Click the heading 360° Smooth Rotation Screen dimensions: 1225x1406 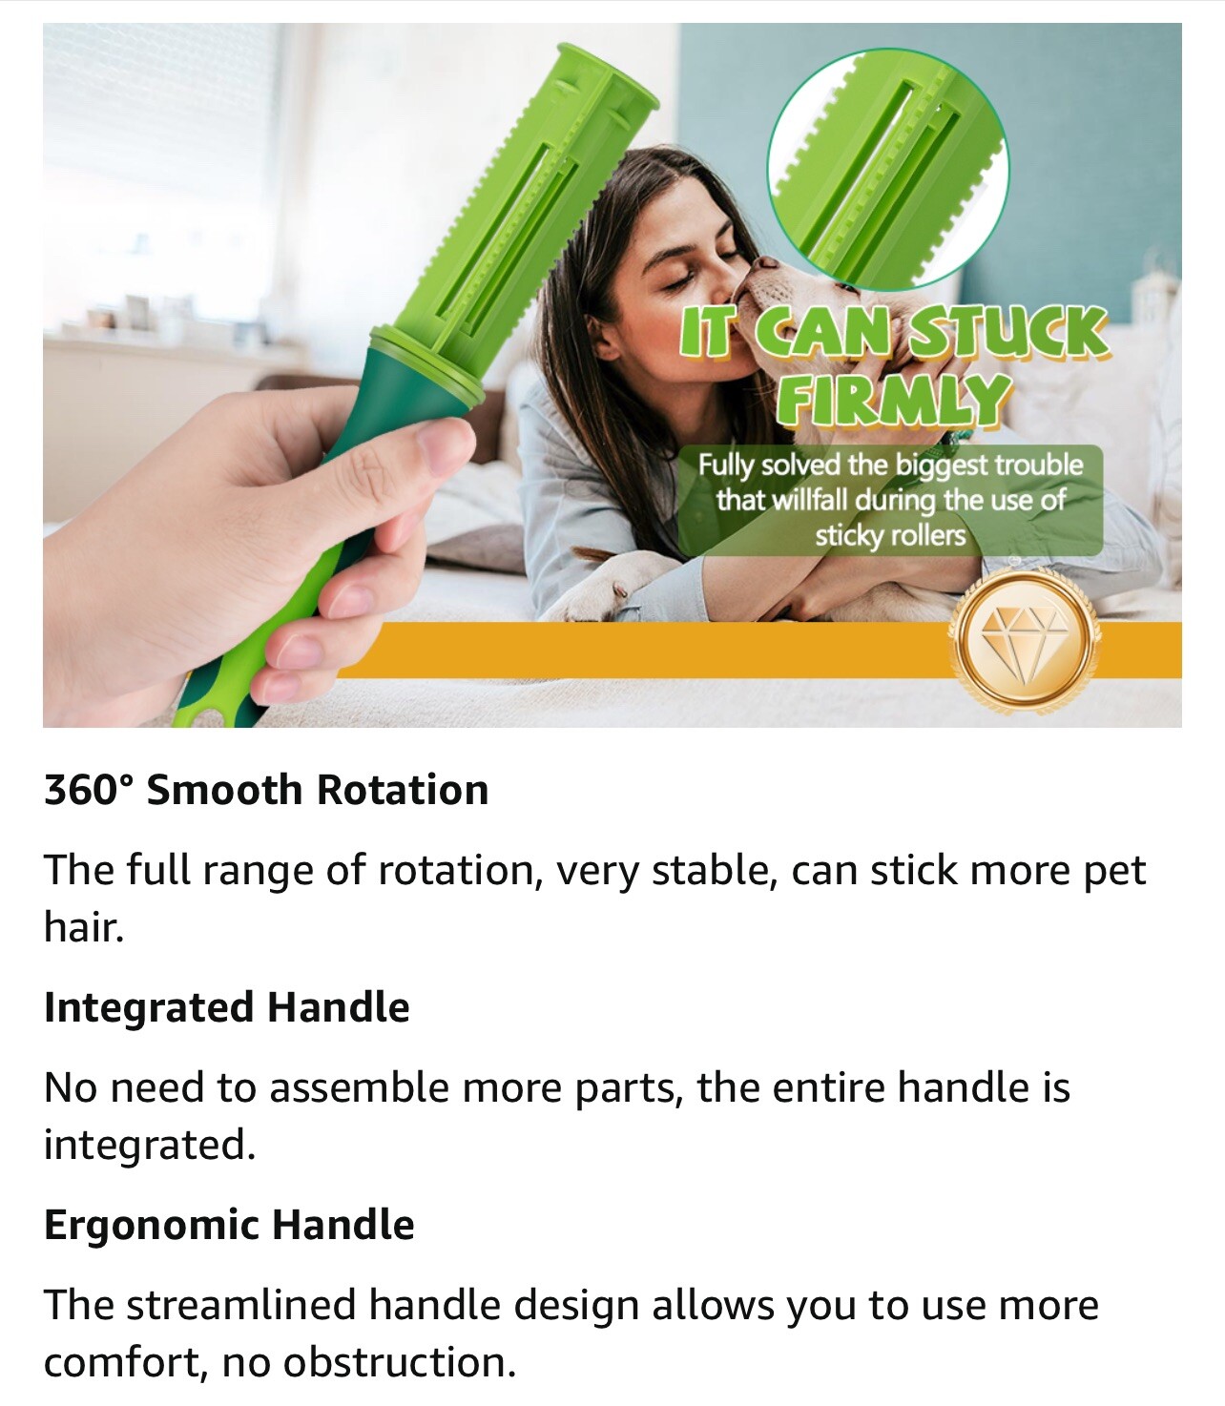pyautogui.click(x=266, y=790)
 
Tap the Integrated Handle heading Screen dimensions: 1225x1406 pyautogui.click(x=227, y=1007)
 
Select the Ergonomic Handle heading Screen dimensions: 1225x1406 pyautogui.click(x=229, y=1226)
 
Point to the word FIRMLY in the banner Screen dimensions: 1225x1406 pyautogui.click(x=893, y=400)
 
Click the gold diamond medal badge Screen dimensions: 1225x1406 pyautogui.click(x=1025, y=639)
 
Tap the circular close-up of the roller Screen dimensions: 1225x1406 pyautogui.click(x=887, y=169)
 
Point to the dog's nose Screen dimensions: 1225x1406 pyautogui.click(x=766, y=263)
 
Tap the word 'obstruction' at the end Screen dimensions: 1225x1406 pyautogui.click(x=399, y=1362)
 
